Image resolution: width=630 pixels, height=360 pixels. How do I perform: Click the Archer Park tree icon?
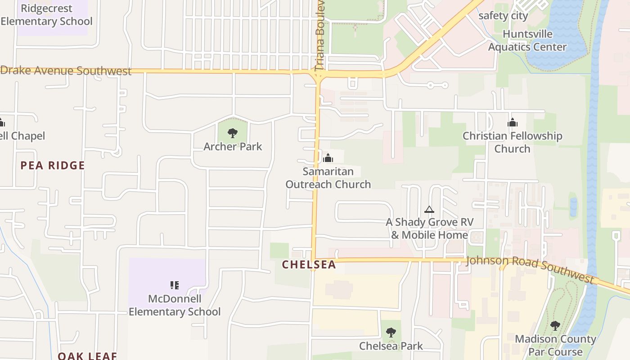[x=233, y=133]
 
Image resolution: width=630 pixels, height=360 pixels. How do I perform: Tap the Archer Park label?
[x=233, y=146]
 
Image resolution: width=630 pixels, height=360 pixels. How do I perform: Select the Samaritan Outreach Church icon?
[x=328, y=158]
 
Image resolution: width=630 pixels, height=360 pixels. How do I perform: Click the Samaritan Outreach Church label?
[x=328, y=178]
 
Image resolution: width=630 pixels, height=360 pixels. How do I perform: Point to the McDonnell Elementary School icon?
[x=175, y=285]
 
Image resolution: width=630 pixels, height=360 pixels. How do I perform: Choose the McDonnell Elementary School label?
[x=175, y=305]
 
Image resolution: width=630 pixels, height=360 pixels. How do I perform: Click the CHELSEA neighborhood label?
[x=309, y=265]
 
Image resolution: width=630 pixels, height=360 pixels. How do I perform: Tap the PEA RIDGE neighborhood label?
[x=53, y=165]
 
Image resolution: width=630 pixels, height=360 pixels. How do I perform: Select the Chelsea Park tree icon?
[x=391, y=333]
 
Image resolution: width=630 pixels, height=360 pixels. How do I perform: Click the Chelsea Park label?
[x=391, y=346]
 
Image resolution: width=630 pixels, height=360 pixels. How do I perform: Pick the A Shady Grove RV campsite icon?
[x=429, y=209]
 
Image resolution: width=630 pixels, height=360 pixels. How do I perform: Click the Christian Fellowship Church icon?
[x=513, y=122]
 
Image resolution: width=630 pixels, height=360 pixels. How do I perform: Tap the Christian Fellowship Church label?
[x=513, y=142]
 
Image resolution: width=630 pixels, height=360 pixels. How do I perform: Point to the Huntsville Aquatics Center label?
[x=527, y=40]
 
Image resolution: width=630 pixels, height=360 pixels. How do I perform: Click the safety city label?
[x=503, y=16]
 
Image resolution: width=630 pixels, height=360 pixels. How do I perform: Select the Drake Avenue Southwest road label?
[x=66, y=71]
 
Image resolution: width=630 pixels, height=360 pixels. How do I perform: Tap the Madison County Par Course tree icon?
[x=555, y=326]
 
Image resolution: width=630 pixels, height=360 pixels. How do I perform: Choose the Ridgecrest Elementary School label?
[x=46, y=15]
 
